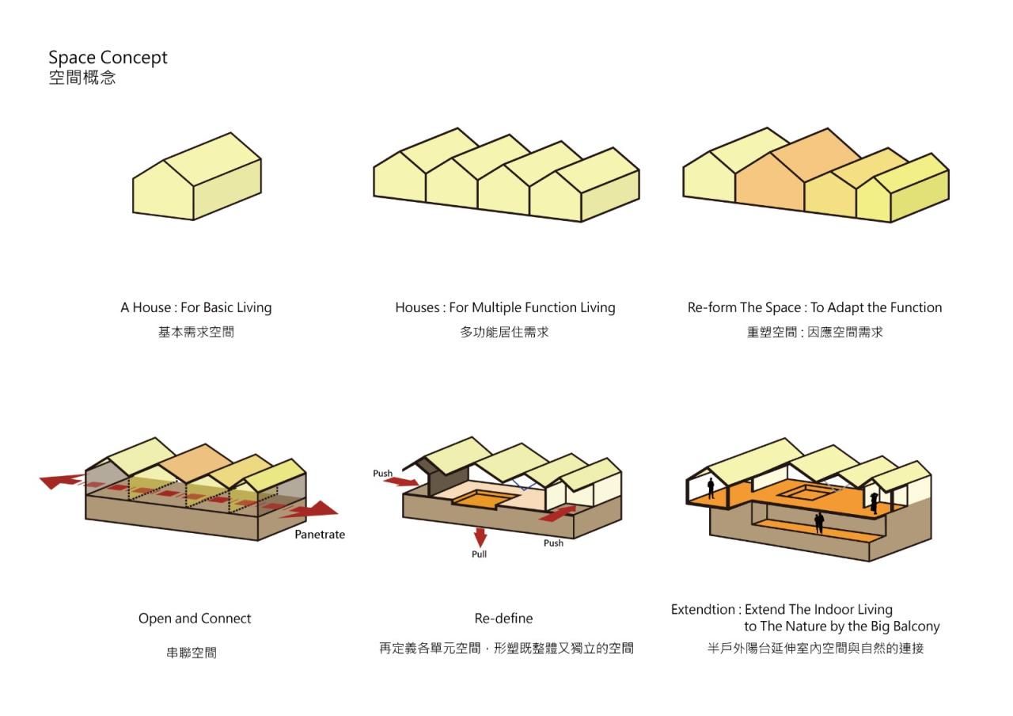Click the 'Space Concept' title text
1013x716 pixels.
click(x=108, y=58)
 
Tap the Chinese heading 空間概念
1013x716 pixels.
click(x=82, y=78)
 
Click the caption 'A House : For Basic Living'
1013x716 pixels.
click(x=195, y=307)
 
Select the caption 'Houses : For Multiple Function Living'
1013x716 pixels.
click(x=505, y=307)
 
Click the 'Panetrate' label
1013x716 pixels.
click(x=320, y=535)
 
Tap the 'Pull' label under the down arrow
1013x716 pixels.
click(x=479, y=554)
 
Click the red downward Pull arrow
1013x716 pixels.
click(x=480, y=536)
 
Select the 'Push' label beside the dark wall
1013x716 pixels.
click(x=383, y=474)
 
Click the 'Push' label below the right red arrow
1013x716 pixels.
click(x=553, y=543)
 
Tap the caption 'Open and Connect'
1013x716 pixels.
click(x=195, y=619)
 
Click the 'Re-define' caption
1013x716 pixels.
click(x=503, y=619)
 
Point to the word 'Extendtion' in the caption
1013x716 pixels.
click(x=703, y=610)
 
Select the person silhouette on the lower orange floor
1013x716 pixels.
click(x=819, y=522)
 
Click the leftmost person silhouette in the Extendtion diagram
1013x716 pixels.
click(x=711, y=489)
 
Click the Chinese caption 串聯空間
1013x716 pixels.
click(x=191, y=653)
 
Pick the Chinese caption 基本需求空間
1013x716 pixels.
click(x=195, y=333)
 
